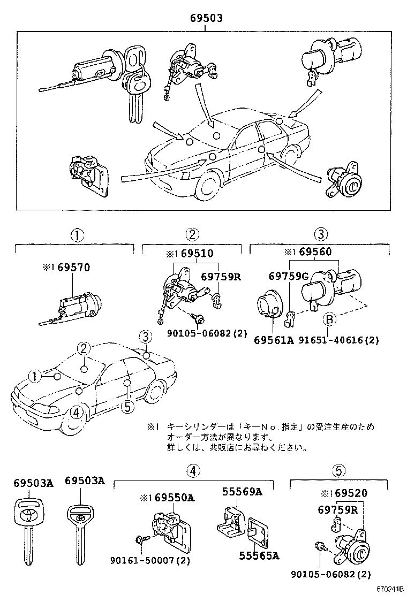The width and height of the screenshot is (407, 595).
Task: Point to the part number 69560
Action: tap(314, 252)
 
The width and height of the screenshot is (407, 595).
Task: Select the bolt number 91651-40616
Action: tap(337, 340)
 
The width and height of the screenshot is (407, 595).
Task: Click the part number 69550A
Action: tap(175, 498)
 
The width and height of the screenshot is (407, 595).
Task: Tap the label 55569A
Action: tap(243, 492)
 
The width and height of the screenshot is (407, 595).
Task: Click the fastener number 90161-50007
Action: tap(150, 560)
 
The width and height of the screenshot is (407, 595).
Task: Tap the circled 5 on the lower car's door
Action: tap(126, 407)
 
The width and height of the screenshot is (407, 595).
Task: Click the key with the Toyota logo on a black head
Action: tap(26, 516)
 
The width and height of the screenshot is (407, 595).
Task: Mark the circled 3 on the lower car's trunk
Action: tap(146, 337)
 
